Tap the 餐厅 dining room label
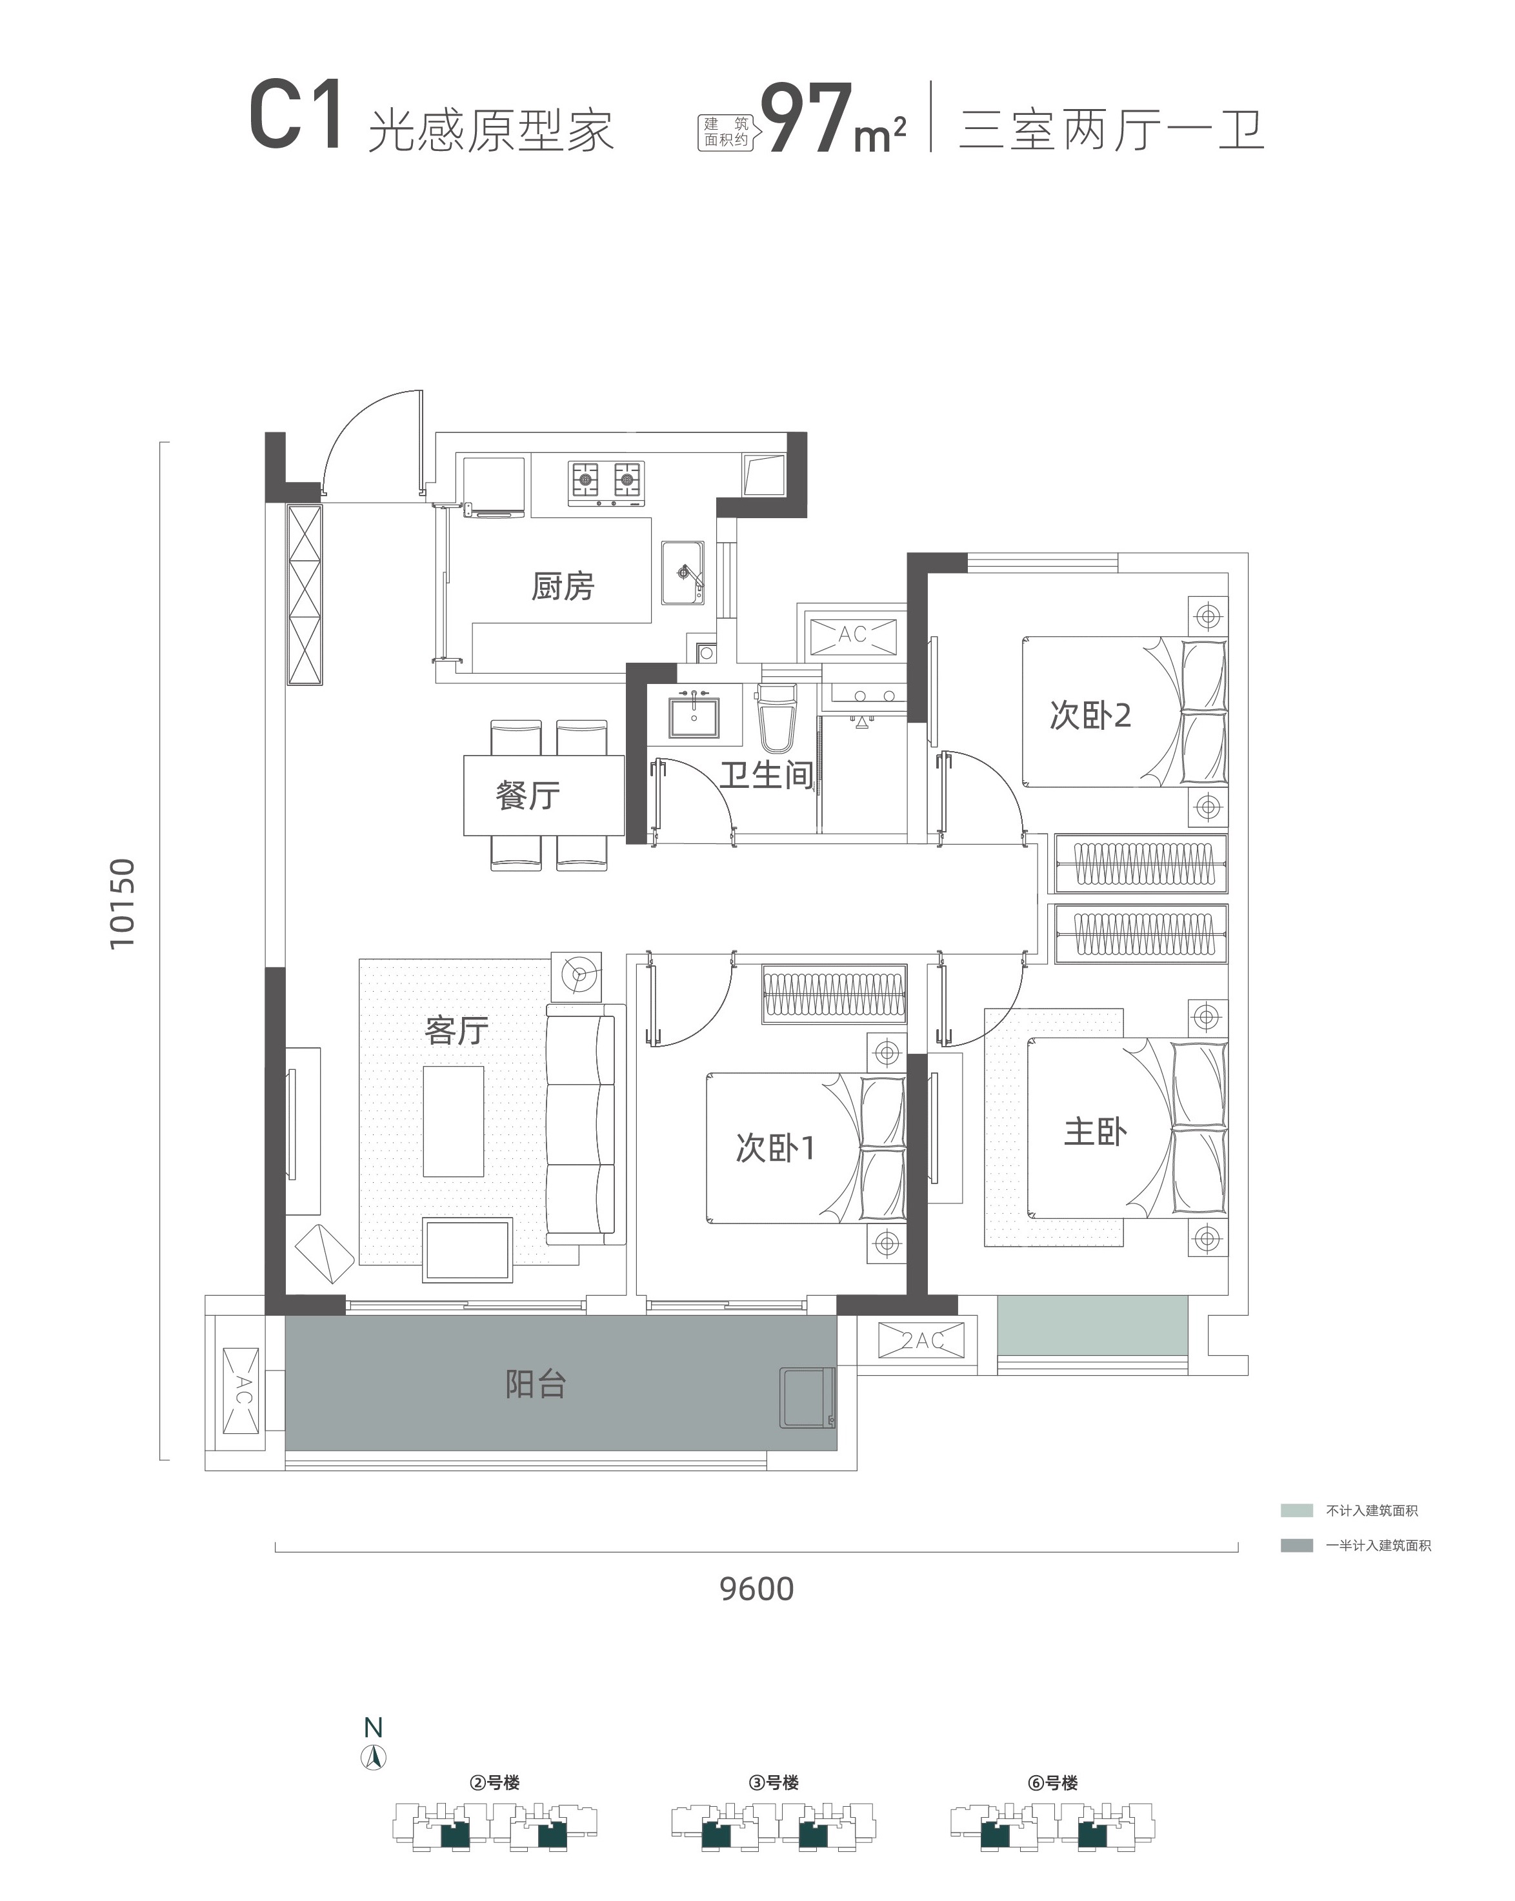pyautogui.click(x=527, y=796)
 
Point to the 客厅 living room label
pyautogui.click(x=457, y=1030)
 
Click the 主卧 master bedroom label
pyautogui.click(x=1095, y=1132)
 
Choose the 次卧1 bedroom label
pyautogui.click(x=775, y=1148)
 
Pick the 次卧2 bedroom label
pyautogui.click(x=1090, y=715)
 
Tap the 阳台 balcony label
pyautogui.click(x=536, y=1384)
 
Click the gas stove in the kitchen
pyautogui.click(x=606, y=483)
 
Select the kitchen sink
pyautogui.click(x=683, y=573)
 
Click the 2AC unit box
pyautogui.click(x=921, y=1340)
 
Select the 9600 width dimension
pyautogui.click(x=757, y=1589)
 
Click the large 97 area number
pyautogui.click(x=807, y=119)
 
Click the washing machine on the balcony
pyautogui.click(x=806, y=1398)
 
